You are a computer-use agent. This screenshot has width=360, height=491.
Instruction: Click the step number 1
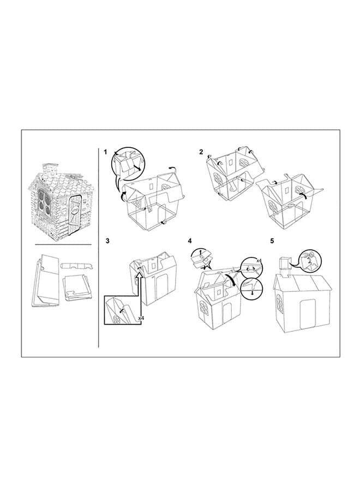(105, 152)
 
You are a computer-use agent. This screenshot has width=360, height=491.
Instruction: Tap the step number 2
(201, 152)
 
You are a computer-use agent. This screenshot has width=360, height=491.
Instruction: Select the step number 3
(107, 241)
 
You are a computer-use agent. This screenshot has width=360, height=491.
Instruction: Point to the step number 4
(190, 241)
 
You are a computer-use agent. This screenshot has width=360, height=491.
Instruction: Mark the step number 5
(272, 241)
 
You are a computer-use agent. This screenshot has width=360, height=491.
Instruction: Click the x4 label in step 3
(141, 318)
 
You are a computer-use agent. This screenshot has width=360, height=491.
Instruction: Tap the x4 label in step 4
(259, 260)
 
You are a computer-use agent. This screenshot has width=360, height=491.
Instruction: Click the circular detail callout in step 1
(128, 165)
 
